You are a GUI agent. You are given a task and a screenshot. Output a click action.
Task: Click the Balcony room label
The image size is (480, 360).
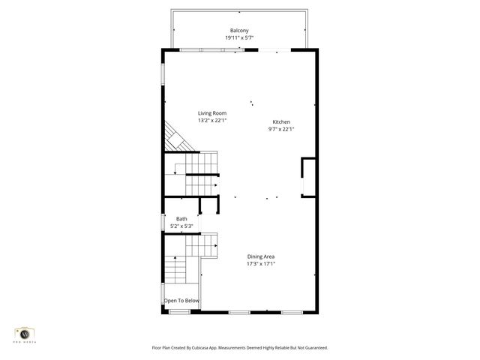[239, 30]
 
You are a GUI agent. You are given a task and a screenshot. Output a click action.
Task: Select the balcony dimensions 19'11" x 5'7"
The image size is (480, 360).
[239, 37]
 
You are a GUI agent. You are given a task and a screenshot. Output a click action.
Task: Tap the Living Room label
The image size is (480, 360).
[212, 113]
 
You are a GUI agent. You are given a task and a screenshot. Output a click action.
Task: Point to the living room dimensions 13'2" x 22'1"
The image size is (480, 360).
[212, 120]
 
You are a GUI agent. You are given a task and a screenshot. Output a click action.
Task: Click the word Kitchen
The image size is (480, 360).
[281, 121]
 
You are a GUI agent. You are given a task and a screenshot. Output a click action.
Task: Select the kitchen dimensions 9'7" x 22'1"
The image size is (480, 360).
[281, 129]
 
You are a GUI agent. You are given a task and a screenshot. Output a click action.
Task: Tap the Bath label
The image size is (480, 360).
[181, 219]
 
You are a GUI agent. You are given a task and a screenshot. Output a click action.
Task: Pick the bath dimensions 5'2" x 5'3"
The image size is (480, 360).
[181, 226]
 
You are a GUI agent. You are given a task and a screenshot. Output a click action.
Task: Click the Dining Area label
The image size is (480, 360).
[261, 256]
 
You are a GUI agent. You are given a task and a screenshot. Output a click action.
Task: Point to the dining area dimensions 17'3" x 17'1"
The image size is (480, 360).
[261, 264]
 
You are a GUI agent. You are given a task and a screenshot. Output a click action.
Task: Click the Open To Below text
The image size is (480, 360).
[182, 301]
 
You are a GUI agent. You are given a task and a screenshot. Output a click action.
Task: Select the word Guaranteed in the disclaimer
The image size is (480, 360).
[312, 348]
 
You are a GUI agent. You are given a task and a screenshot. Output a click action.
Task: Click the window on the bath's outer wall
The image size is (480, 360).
[163, 223]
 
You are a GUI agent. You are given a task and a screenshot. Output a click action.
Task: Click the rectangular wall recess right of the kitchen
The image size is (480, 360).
[308, 177]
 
